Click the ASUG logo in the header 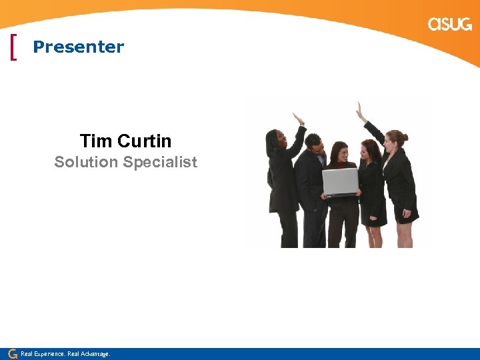pyautogui.click(x=449, y=25)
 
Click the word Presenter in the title pyautogui.click(x=78, y=47)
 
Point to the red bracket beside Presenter pyautogui.click(x=14, y=47)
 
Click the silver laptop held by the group pyautogui.click(x=340, y=181)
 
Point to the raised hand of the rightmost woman pyautogui.click(x=360, y=111)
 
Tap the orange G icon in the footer pyautogui.click(x=12, y=353)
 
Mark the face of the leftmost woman pyautogui.click(x=278, y=141)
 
